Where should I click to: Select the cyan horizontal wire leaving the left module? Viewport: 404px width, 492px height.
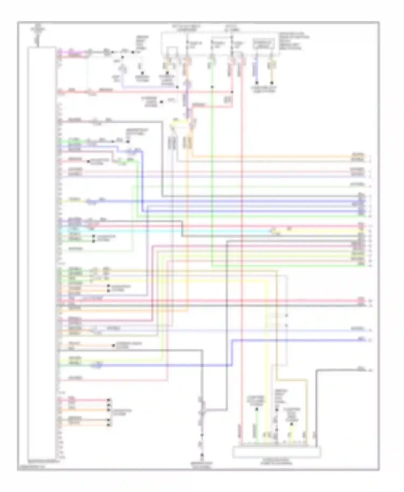point(162,231)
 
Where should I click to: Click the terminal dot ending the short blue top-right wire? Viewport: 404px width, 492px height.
point(257,83)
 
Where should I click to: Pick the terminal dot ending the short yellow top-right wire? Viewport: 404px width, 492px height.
point(272,83)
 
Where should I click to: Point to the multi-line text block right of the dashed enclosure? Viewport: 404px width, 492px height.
point(294,41)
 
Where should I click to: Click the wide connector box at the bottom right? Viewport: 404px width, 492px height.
point(276,452)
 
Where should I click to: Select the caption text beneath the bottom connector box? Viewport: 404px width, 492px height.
point(276,462)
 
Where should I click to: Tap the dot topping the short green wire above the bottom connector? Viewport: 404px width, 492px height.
point(257,409)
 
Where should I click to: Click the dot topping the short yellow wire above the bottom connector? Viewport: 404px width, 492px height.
point(291,424)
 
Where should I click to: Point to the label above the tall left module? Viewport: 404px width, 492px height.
point(38,30)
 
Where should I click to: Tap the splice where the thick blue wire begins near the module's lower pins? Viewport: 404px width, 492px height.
point(99,365)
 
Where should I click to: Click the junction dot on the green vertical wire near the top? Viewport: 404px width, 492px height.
point(212,87)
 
